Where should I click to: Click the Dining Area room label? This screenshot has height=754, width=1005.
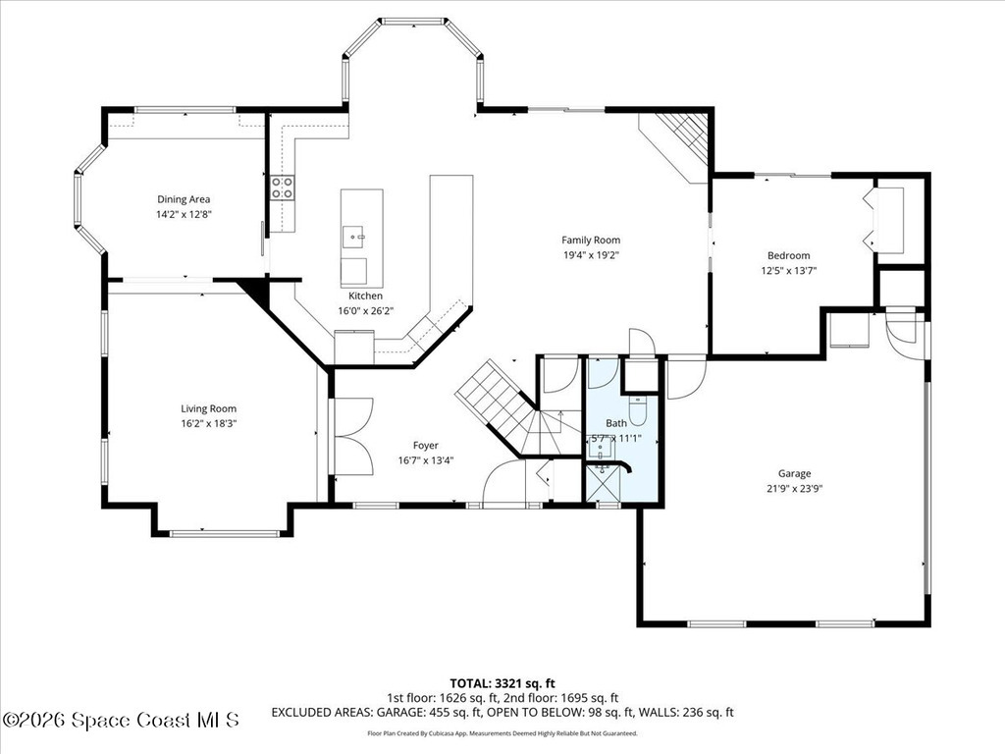point(184,199)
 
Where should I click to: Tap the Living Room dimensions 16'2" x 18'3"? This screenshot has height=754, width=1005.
point(208,423)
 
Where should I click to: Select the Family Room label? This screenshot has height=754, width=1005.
point(590,240)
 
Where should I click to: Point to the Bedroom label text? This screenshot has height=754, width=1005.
point(788,255)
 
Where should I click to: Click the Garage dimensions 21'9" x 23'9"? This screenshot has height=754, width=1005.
point(794,488)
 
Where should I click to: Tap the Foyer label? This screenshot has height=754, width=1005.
point(425,445)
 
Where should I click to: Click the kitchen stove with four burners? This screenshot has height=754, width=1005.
point(283,188)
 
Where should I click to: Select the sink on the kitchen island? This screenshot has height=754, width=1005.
point(354,236)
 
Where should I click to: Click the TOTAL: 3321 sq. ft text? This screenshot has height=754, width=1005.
point(502,683)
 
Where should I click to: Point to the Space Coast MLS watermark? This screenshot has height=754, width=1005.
point(120,720)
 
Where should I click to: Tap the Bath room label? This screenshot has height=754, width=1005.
point(616,423)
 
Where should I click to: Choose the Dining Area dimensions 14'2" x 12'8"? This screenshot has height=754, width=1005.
point(184,214)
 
